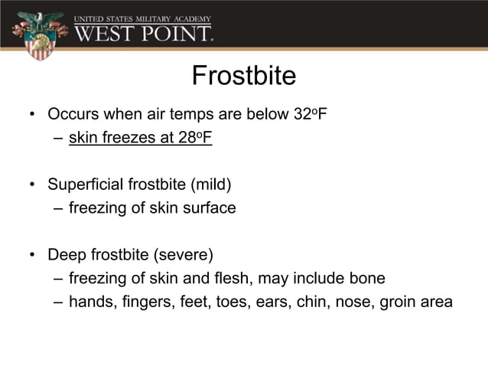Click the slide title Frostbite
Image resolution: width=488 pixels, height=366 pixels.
pyautogui.click(x=243, y=77)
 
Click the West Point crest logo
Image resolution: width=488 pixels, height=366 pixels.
pyautogui.click(x=36, y=34)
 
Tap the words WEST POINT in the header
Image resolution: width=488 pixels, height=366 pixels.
pyautogui.click(x=143, y=33)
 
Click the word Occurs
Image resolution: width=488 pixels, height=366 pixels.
pyautogui.click(x=70, y=115)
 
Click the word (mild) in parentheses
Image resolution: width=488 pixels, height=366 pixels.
pyautogui.click(x=210, y=185)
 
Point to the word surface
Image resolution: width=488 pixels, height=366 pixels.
pyautogui.click(x=209, y=208)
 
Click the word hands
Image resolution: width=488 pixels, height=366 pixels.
pyautogui.click(x=89, y=302)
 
